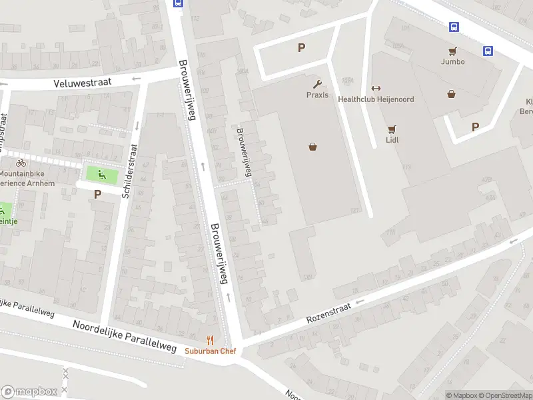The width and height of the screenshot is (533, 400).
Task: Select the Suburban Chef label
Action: point(210,351)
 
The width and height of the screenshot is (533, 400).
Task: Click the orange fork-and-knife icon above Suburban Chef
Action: point(211,340)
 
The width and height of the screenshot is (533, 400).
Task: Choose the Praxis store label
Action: point(317,95)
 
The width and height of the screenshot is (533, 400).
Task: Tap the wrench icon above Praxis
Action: point(317,84)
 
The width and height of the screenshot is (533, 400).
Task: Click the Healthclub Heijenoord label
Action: point(376,99)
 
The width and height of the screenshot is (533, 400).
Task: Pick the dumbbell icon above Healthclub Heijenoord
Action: point(375,89)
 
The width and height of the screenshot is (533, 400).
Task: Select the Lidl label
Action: point(392,141)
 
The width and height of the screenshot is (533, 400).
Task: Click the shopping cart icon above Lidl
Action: point(392,129)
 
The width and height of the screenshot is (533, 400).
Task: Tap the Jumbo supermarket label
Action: point(452,61)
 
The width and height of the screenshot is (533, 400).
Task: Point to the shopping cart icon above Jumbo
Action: point(453,51)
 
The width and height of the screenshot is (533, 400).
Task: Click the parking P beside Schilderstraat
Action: point(98,195)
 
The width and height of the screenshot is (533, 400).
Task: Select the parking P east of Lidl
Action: point(475,127)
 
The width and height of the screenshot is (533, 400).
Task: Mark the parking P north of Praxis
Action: point(301,47)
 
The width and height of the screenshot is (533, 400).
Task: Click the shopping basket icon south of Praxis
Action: point(312,147)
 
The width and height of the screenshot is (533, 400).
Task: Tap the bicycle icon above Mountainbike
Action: point(21,163)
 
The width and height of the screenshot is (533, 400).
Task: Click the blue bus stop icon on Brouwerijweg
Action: point(178,3)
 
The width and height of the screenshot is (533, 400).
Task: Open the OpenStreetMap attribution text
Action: point(506,395)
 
